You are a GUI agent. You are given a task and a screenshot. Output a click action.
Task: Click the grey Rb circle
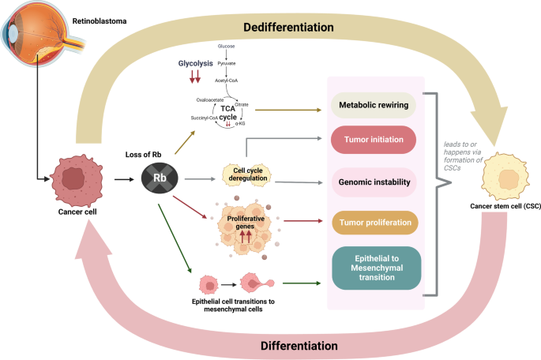[x=159, y=179]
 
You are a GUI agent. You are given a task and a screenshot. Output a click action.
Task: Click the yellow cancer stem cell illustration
[x=503, y=174]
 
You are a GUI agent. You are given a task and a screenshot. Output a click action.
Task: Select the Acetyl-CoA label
[x=230, y=81]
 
